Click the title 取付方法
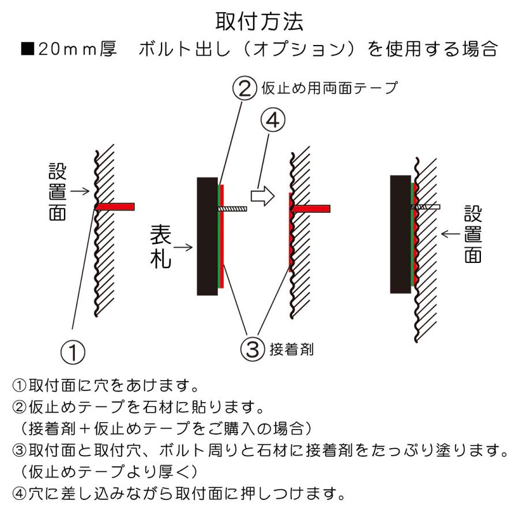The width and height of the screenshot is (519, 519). pyautogui.click(x=259, y=22)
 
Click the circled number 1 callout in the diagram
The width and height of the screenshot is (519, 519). pyautogui.click(x=73, y=351)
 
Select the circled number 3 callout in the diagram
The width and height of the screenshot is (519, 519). pyautogui.click(x=252, y=349)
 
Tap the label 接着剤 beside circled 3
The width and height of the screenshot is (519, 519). pyautogui.click(x=291, y=349)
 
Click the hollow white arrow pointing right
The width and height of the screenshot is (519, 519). pyautogui.click(x=262, y=197)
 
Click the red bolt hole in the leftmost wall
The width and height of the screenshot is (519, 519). pyautogui.click(x=115, y=206)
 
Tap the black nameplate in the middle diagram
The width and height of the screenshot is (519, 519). pyautogui.click(x=207, y=236)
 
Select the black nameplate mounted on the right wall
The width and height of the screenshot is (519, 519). pyautogui.click(x=400, y=234)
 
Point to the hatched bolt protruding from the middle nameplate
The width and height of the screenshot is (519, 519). pyautogui.click(x=234, y=208)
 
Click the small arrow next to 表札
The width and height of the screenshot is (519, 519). pyautogui.click(x=183, y=247)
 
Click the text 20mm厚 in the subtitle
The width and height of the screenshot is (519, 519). pyautogui.click(x=77, y=50)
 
